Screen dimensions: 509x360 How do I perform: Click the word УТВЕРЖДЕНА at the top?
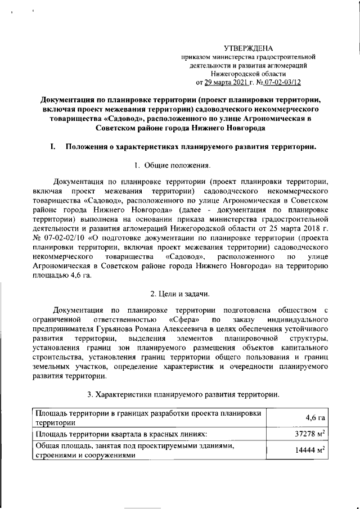pyautogui.click(x=247, y=49)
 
